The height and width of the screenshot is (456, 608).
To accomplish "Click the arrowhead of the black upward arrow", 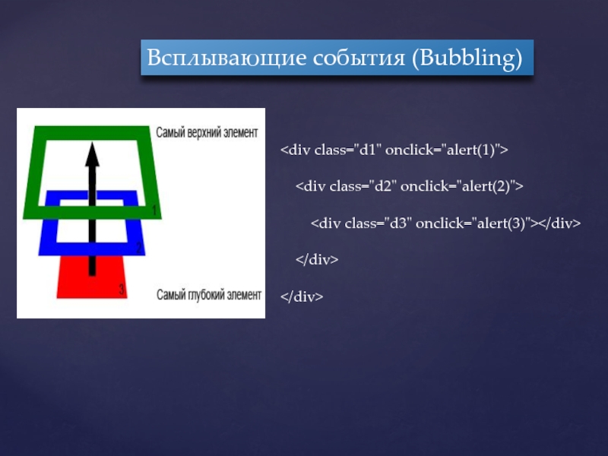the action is point(92,155).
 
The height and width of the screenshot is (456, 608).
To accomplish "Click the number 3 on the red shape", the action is point(122,290).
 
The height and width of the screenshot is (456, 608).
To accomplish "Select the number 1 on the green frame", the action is point(154,210).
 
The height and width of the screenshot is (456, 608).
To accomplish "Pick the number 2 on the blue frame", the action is point(138,249).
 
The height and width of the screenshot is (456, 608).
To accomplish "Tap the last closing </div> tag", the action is point(302,296).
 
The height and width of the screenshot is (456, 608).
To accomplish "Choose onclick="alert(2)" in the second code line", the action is point(460,186).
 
